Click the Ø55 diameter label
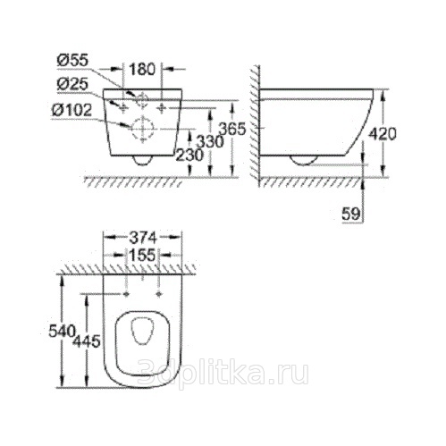tap(73, 61)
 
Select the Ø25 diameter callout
tap(73, 85)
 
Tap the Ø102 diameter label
tap(72, 111)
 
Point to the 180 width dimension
tap(142, 69)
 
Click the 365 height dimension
tap(232, 130)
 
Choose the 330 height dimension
tap(211, 142)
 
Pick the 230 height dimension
tap(189, 155)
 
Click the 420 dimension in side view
tap(383, 134)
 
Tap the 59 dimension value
tap(351, 214)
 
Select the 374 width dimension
tap(142, 238)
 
